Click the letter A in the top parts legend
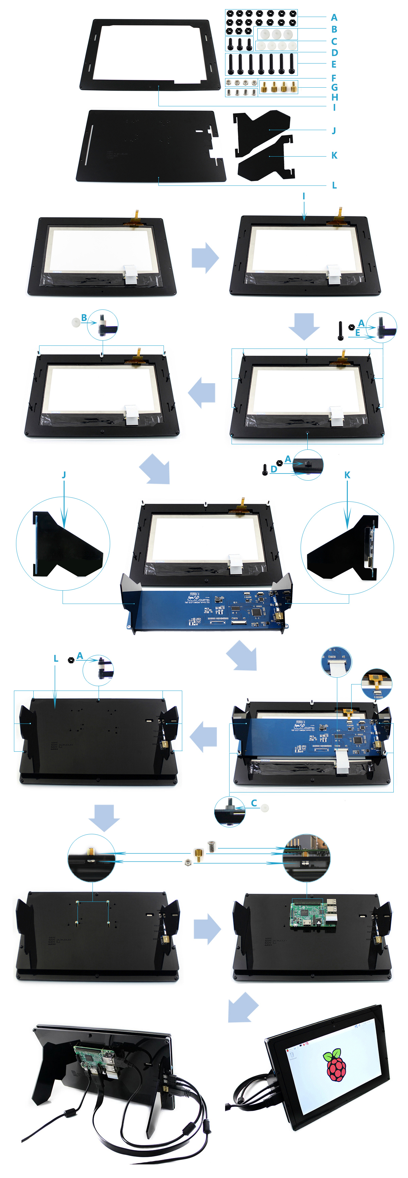coord(334,17)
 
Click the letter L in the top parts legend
coord(334,185)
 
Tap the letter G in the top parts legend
coord(334,87)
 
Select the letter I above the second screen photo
coord(304,196)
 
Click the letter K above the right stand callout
coord(347,475)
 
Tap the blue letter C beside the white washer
coord(254,803)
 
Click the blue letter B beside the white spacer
coord(84,317)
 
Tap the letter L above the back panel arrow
coord(56,659)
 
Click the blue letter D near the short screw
coord(274,469)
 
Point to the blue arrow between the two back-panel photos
coord(207,929)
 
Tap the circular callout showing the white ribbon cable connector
coord(337,661)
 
